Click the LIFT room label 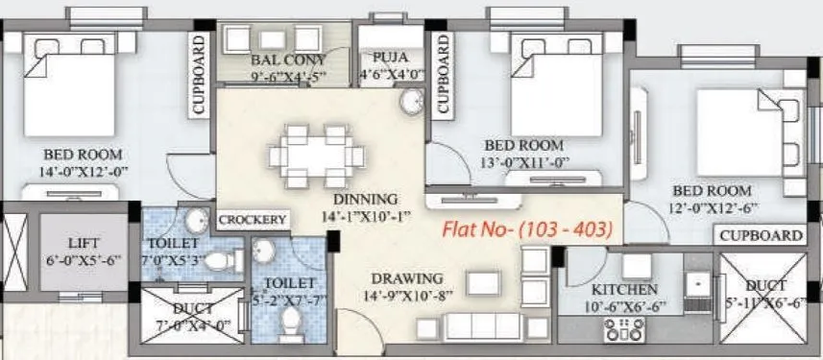click(83, 243)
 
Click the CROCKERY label click(254, 220)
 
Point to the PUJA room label click(391, 58)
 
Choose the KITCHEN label click(624, 289)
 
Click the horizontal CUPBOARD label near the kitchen click(761, 235)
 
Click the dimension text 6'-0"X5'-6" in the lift click(83, 260)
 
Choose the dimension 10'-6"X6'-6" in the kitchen click(624, 305)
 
